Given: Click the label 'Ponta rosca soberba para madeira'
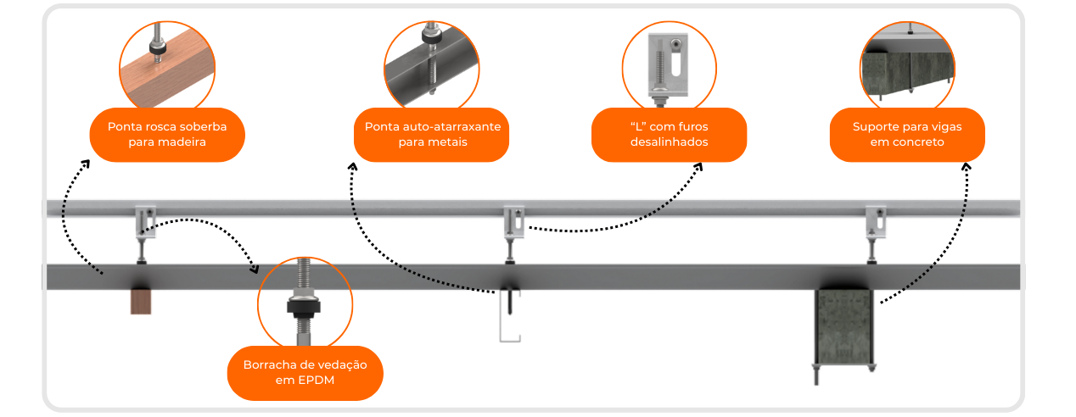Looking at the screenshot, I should tap(167, 135).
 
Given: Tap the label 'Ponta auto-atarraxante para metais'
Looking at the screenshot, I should tap(432, 135).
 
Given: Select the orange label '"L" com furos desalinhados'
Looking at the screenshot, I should tap(669, 135).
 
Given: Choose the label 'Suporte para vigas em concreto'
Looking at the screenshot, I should tap(906, 135).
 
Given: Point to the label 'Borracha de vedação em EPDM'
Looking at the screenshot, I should tap(305, 373).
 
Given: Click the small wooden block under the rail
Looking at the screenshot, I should tap(141, 301).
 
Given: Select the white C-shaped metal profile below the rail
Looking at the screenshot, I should tap(509, 317).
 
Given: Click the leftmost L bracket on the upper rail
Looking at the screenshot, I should tap(145, 221).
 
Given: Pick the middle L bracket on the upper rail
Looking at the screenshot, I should tap(514, 222).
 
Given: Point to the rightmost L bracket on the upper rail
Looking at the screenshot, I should tap(875, 222).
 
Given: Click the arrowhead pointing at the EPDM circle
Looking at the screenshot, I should tap(255, 270).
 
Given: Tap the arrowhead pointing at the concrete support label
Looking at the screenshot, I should tap(966, 168).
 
